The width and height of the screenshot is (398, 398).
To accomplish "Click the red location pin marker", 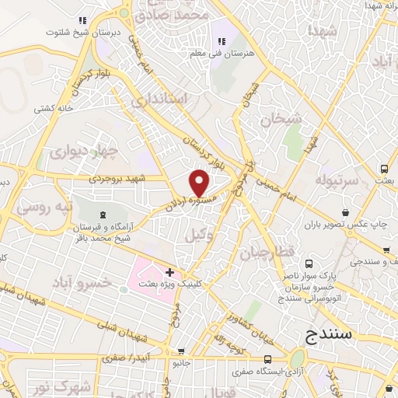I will [200, 183].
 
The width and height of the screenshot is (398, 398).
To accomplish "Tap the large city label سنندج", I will [324, 335].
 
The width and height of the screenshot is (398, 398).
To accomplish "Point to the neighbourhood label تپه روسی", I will [44, 208].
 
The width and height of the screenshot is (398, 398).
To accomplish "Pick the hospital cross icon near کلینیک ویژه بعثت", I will [170, 271].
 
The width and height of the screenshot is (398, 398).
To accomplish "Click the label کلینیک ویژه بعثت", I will [167, 285].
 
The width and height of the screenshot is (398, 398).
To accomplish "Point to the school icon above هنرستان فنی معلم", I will [221, 41].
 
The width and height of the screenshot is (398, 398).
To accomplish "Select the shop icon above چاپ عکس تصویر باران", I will [344, 211].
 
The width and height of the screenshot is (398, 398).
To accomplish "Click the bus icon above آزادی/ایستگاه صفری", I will [267, 358].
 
